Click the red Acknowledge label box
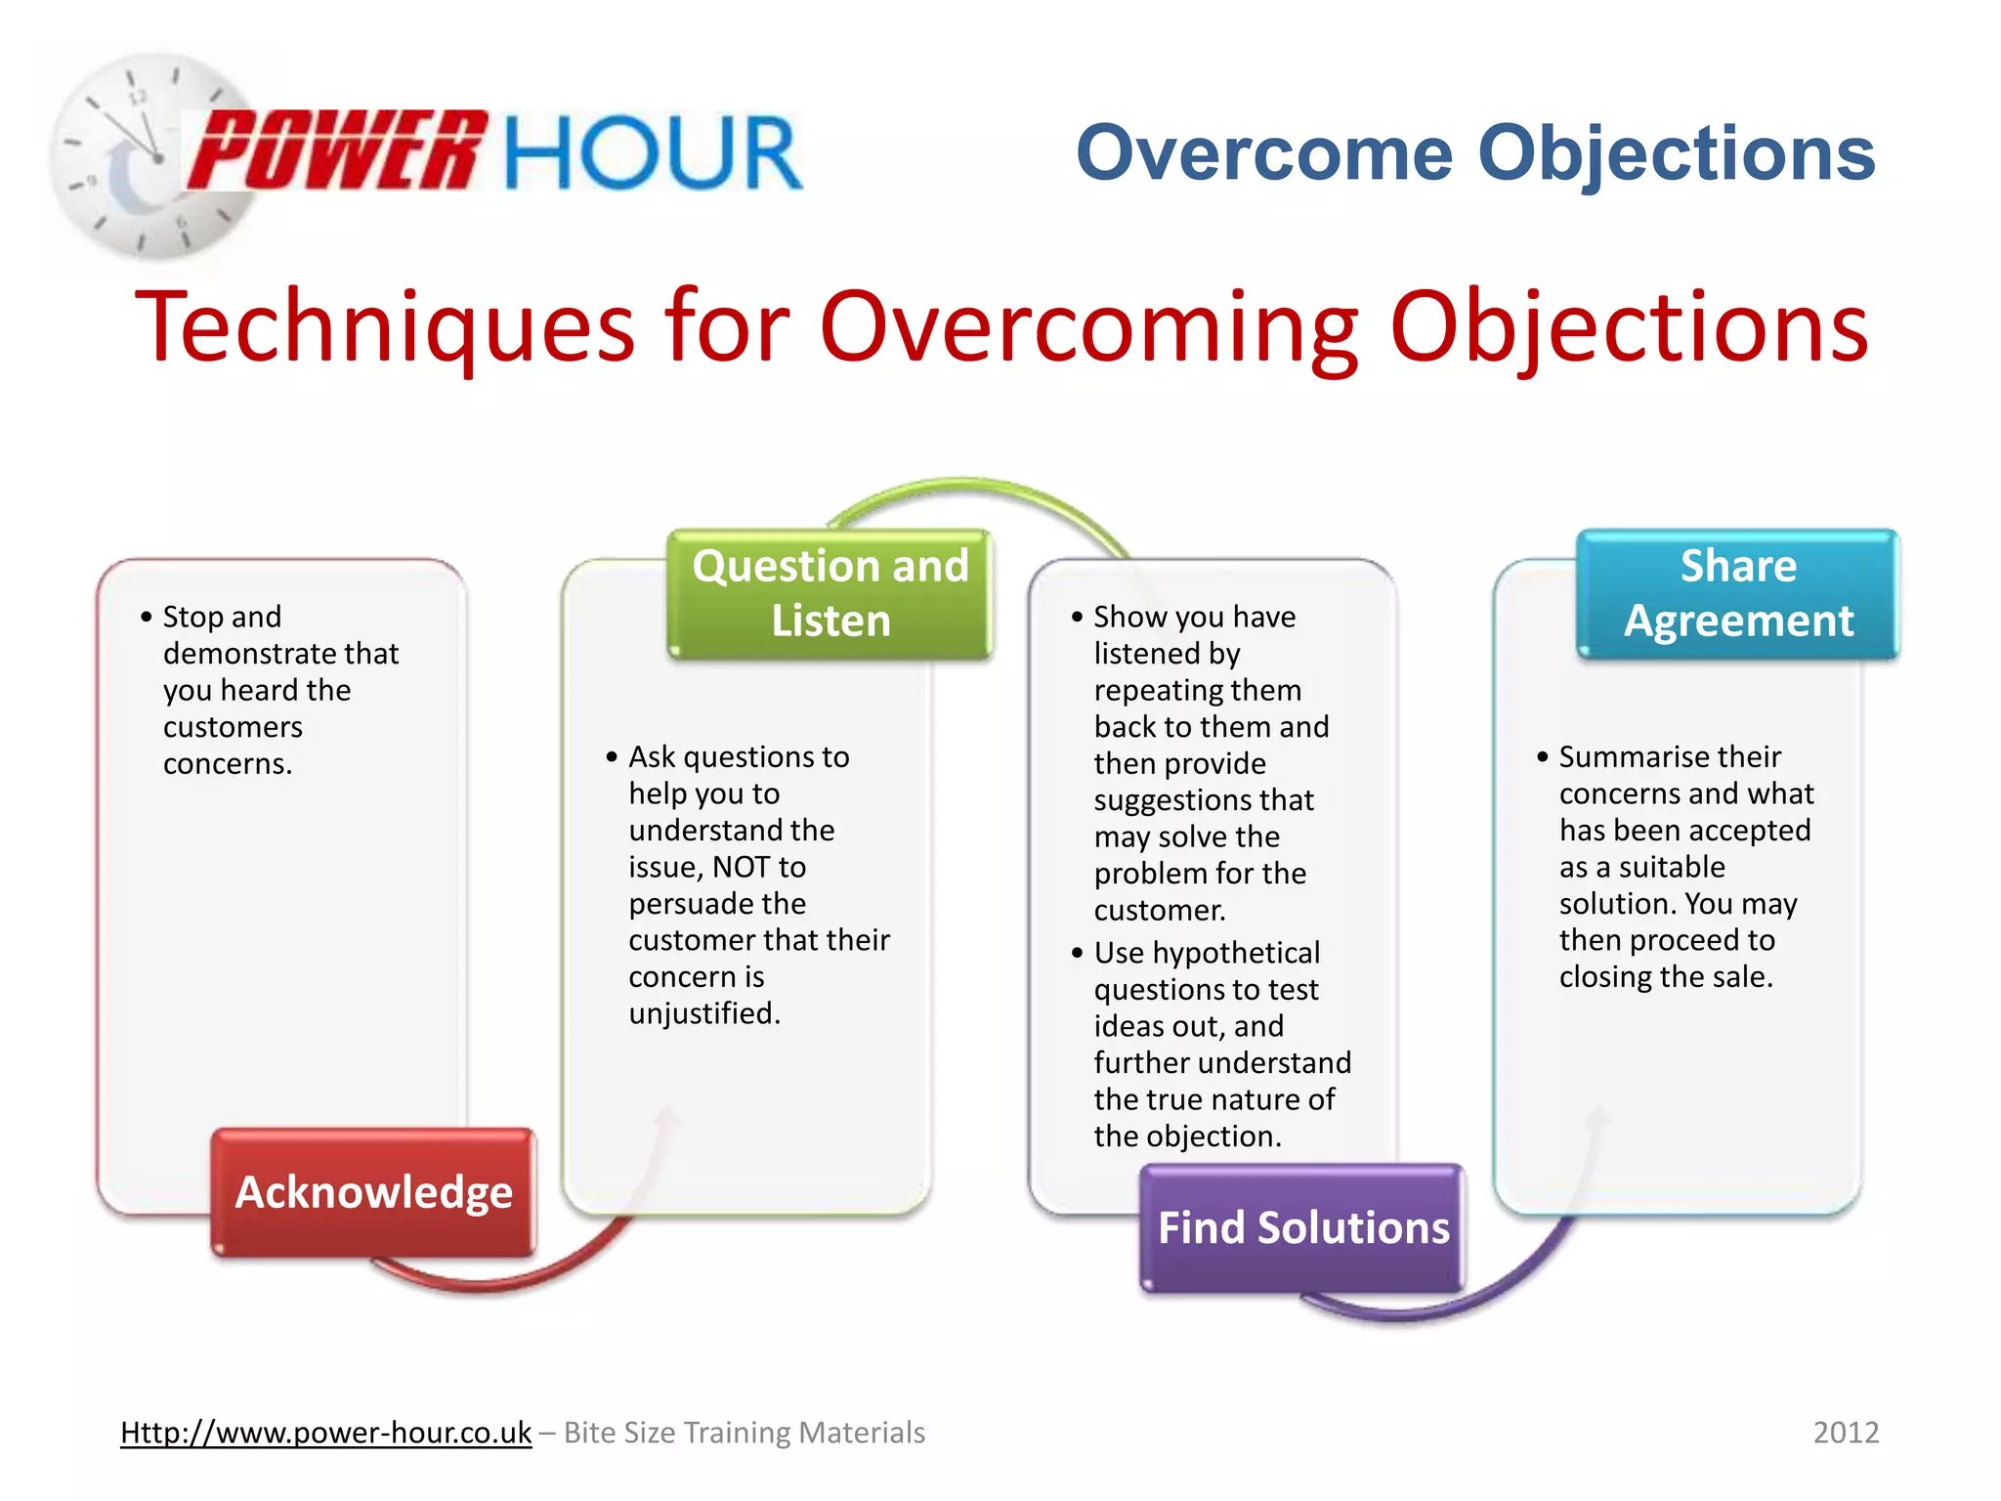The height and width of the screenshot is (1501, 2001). [373, 1191]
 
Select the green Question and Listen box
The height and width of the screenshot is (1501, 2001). [830, 593]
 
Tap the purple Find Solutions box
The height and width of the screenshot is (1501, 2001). [1302, 1227]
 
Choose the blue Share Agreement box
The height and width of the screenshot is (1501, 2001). [1737, 593]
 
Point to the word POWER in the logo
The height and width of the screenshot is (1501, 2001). [337, 151]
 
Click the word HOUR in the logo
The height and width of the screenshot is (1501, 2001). [653, 153]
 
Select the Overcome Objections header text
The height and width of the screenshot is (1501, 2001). [1475, 153]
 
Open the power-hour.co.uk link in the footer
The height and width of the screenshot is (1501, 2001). [325, 1433]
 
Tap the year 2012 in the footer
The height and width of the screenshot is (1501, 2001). [1846, 1433]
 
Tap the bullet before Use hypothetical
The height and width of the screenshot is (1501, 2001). [1077, 953]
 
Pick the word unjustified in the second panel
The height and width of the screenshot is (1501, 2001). [702, 1013]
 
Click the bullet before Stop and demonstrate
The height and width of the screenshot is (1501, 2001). [147, 617]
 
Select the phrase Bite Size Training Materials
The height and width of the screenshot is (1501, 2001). [745, 1433]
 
